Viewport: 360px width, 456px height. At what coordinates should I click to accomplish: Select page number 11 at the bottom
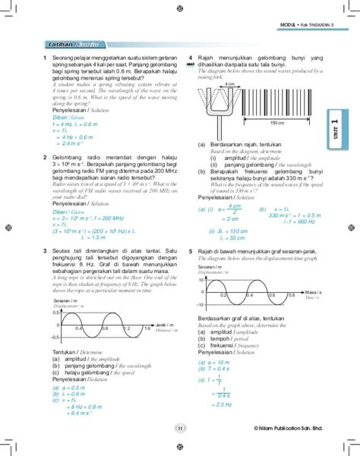[x=180, y=429]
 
